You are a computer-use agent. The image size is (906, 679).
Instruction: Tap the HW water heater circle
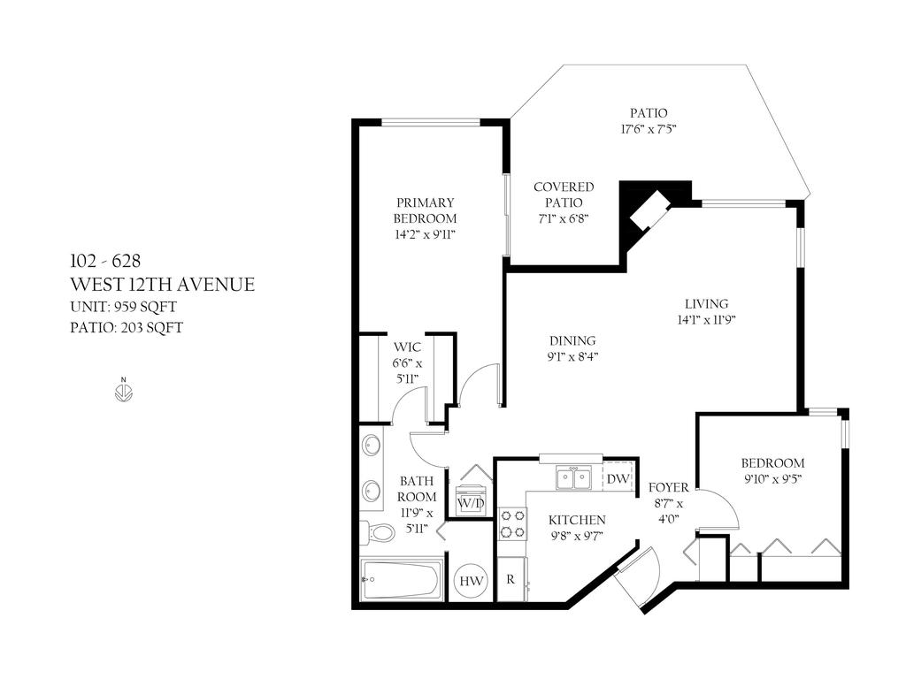click(472, 581)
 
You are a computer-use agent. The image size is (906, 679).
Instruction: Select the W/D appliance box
click(469, 501)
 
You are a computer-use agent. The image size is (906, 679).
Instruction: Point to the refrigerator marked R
click(511, 580)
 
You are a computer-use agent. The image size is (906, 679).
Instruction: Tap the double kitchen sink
click(573, 478)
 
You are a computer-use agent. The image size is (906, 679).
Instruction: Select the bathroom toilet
click(379, 532)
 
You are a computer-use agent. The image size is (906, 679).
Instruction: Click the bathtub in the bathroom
click(402, 580)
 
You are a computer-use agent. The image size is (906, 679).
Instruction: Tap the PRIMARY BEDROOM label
click(425, 210)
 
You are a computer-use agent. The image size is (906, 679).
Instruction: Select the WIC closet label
click(408, 347)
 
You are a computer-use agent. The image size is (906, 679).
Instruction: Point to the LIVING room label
click(706, 304)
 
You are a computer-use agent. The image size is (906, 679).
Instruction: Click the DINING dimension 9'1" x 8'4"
click(572, 357)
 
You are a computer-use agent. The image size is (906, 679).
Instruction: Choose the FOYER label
click(668, 487)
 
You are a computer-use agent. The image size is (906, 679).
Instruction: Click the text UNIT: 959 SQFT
click(129, 307)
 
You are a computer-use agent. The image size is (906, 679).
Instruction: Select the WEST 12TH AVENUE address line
click(162, 285)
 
